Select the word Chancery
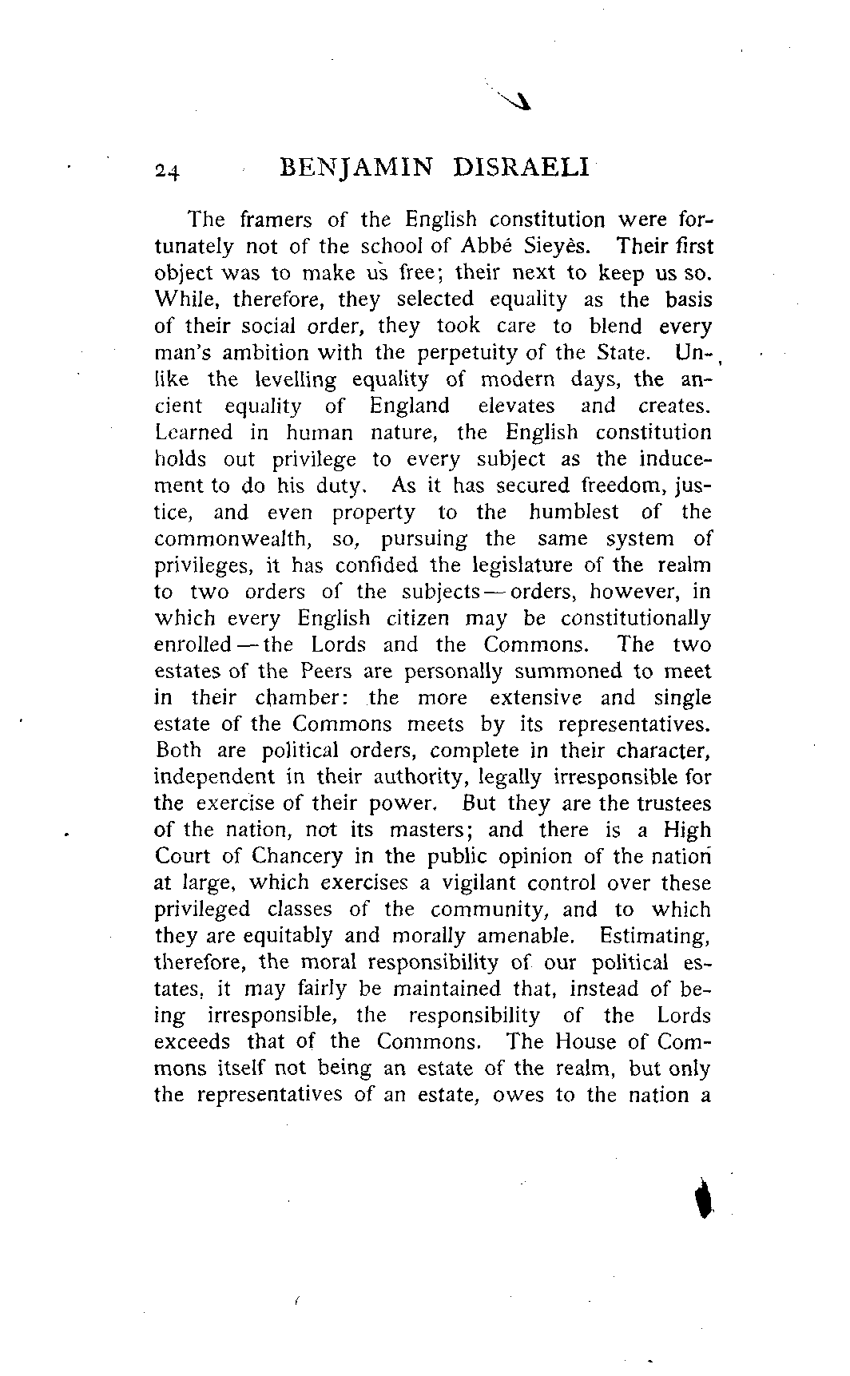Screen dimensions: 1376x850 tap(296, 857)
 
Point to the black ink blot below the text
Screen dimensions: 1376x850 tap(703, 1200)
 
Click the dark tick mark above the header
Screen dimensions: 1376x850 tap(510, 99)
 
